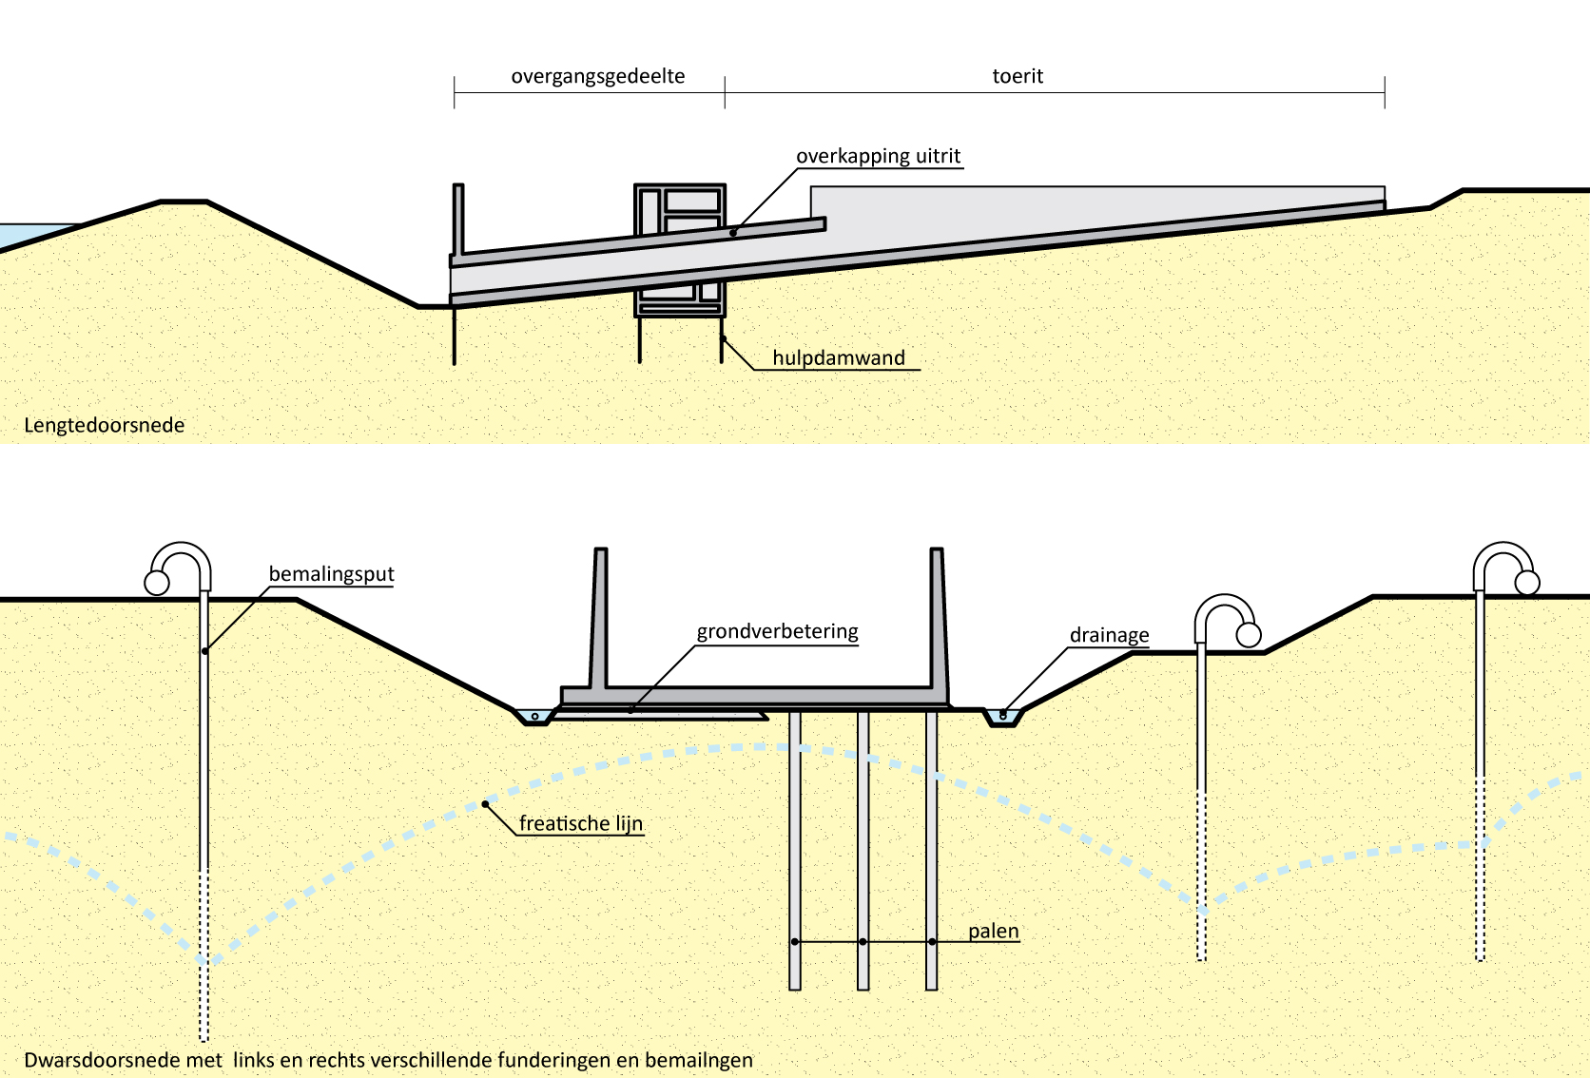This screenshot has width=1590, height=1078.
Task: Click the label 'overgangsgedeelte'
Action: [597, 77]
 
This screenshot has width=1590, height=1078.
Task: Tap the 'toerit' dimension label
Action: [1018, 77]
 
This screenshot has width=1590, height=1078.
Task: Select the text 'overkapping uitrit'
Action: [878, 157]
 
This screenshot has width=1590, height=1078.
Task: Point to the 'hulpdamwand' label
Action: [838, 358]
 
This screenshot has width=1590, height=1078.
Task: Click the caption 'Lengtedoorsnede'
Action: [105, 426]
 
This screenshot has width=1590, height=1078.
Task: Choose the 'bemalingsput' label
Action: [331, 574]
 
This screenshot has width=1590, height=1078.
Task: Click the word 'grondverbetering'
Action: [777, 632]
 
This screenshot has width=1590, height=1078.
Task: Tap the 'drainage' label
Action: [1109, 636]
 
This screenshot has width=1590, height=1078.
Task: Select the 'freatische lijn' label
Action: [580, 824]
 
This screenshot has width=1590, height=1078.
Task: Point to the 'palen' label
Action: [993, 932]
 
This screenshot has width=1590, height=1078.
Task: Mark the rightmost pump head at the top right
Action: [1505, 568]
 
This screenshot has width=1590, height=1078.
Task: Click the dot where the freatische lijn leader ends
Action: [486, 804]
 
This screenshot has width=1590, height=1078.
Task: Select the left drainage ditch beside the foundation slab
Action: [533, 716]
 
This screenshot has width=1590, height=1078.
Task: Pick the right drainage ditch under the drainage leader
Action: [1002, 716]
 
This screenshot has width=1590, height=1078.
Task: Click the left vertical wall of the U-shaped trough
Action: [599, 618]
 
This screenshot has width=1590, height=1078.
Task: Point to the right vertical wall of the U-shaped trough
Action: [938, 618]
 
